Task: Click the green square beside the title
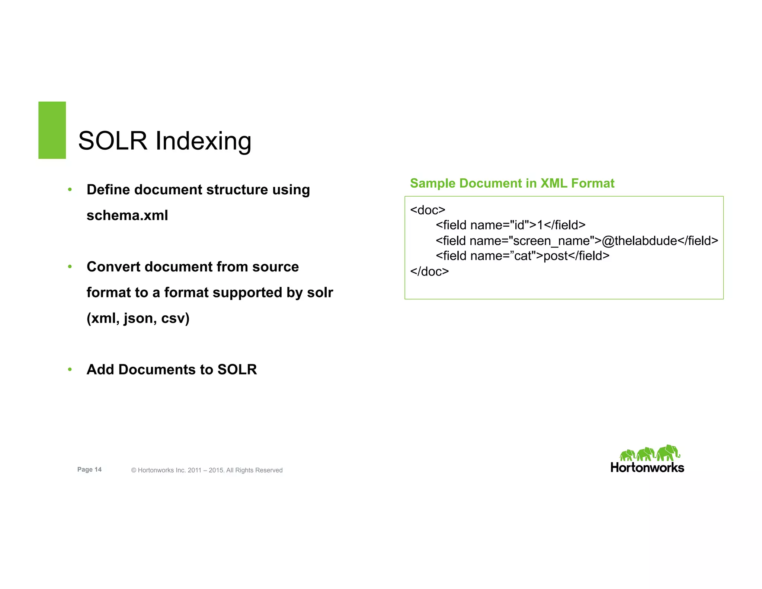[52, 130]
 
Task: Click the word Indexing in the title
[203, 141]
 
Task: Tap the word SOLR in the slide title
[113, 141]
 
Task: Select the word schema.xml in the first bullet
[127, 215]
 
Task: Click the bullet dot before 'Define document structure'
[70, 190]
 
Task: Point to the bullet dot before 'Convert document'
[70, 267]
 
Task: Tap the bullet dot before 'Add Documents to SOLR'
[70, 370]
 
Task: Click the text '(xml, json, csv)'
[138, 318]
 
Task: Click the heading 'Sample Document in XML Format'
[512, 183]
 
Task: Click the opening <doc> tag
[428, 210]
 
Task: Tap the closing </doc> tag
[429, 271]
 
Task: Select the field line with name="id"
[510, 225]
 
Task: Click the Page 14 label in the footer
[89, 469]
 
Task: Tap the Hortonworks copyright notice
[207, 470]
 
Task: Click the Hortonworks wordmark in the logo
[647, 468]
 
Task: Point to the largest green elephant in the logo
[667, 453]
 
